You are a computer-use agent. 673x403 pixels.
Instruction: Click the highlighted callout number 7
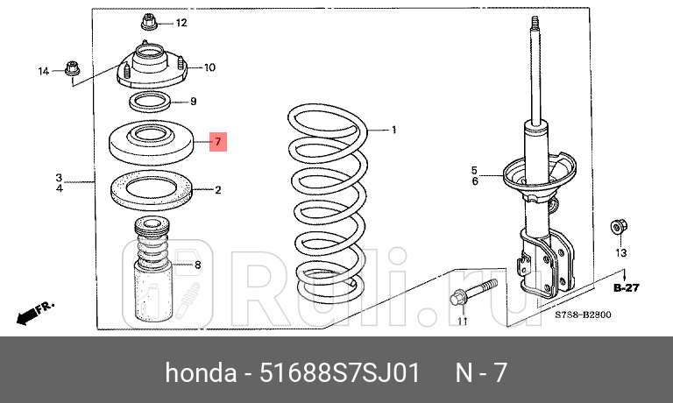[x=219, y=141]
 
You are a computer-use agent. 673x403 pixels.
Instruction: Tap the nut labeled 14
[x=72, y=68]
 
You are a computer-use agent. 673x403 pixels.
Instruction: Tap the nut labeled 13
[x=618, y=228]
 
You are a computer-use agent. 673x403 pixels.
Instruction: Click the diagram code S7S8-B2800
[x=582, y=315]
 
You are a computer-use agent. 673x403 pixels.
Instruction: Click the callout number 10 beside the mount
[x=209, y=67]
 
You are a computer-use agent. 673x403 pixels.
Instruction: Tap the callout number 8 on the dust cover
[x=197, y=265]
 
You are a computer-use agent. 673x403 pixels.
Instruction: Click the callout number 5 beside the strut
[x=474, y=170]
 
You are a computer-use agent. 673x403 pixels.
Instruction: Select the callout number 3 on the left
[x=60, y=176]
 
